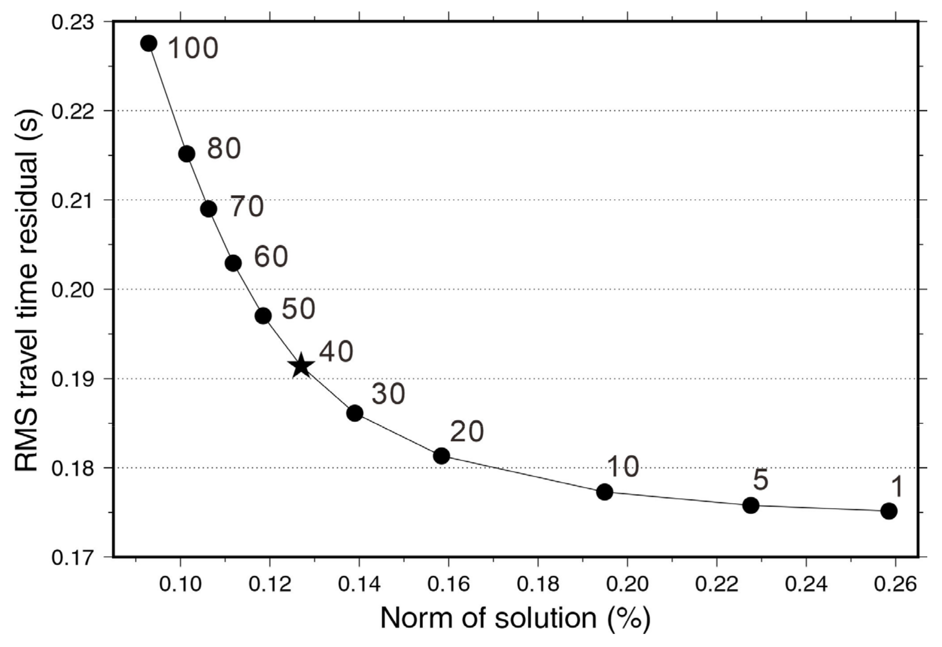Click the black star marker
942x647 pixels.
301,366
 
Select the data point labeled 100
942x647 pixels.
149,43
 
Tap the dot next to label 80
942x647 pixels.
187,154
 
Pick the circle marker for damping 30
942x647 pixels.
355,413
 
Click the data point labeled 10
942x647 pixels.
605,492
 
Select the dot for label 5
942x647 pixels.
751,505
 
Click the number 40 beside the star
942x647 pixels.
336,352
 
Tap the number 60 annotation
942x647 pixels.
271,256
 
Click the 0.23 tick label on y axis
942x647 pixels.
67,22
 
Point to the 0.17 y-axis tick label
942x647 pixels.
67,557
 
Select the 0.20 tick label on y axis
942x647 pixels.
67,290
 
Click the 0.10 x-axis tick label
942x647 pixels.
180,585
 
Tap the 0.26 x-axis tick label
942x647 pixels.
895,585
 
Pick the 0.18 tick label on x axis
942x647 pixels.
538,585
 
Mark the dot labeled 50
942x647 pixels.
263,315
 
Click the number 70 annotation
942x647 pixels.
247,206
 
